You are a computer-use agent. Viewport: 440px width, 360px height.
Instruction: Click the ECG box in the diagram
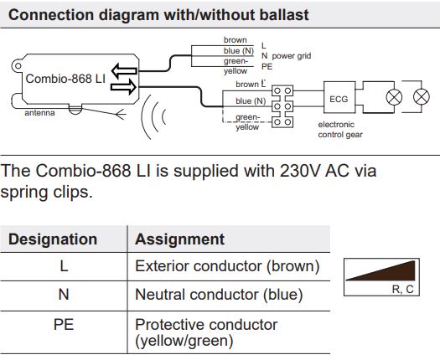[339, 99]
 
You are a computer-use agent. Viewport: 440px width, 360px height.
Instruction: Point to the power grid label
[292, 54]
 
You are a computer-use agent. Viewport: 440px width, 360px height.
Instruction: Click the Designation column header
[53, 239]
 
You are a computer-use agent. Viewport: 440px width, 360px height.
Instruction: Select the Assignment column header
[179, 239]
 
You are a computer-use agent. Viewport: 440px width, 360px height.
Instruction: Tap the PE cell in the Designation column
[65, 324]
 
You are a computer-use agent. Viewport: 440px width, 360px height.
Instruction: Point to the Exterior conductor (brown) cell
[227, 267]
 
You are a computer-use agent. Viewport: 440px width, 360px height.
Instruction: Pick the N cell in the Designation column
[65, 295]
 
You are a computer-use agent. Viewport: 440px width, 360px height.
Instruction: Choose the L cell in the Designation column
[65, 267]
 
